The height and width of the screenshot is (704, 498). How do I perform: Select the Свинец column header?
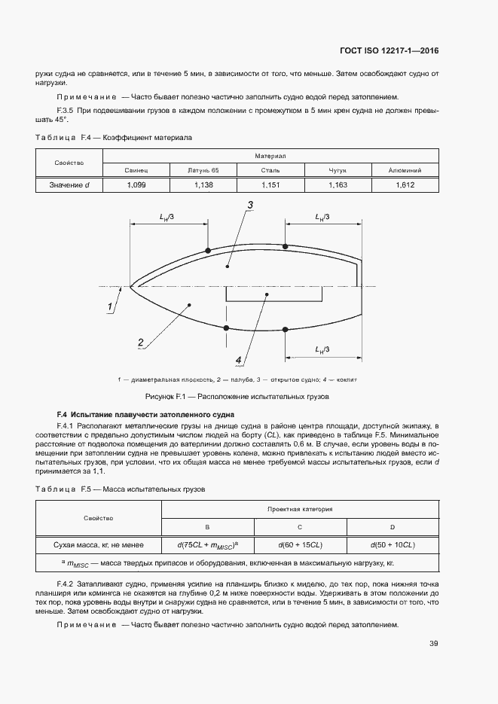pos(136,170)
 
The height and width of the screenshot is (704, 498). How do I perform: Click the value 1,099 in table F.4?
pos(136,184)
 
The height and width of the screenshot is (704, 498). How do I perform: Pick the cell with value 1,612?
pos(405,184)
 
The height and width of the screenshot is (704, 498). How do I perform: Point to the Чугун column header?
pos(338,170)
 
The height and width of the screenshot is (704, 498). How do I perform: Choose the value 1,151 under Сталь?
pos(270,184)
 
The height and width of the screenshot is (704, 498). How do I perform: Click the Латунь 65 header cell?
pos(203,170)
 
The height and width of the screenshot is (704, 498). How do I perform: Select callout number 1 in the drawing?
pos(110,306)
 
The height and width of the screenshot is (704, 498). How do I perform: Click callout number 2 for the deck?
pos(141,343)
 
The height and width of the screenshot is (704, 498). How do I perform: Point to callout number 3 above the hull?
pos(249,206)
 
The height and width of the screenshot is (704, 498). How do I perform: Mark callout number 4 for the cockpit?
pos(239,359)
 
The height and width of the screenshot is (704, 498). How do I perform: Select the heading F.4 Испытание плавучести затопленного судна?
pos(145,415)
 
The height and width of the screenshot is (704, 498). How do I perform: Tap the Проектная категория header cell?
pos(300,510)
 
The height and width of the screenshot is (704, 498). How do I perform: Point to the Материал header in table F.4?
pos(270,156)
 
